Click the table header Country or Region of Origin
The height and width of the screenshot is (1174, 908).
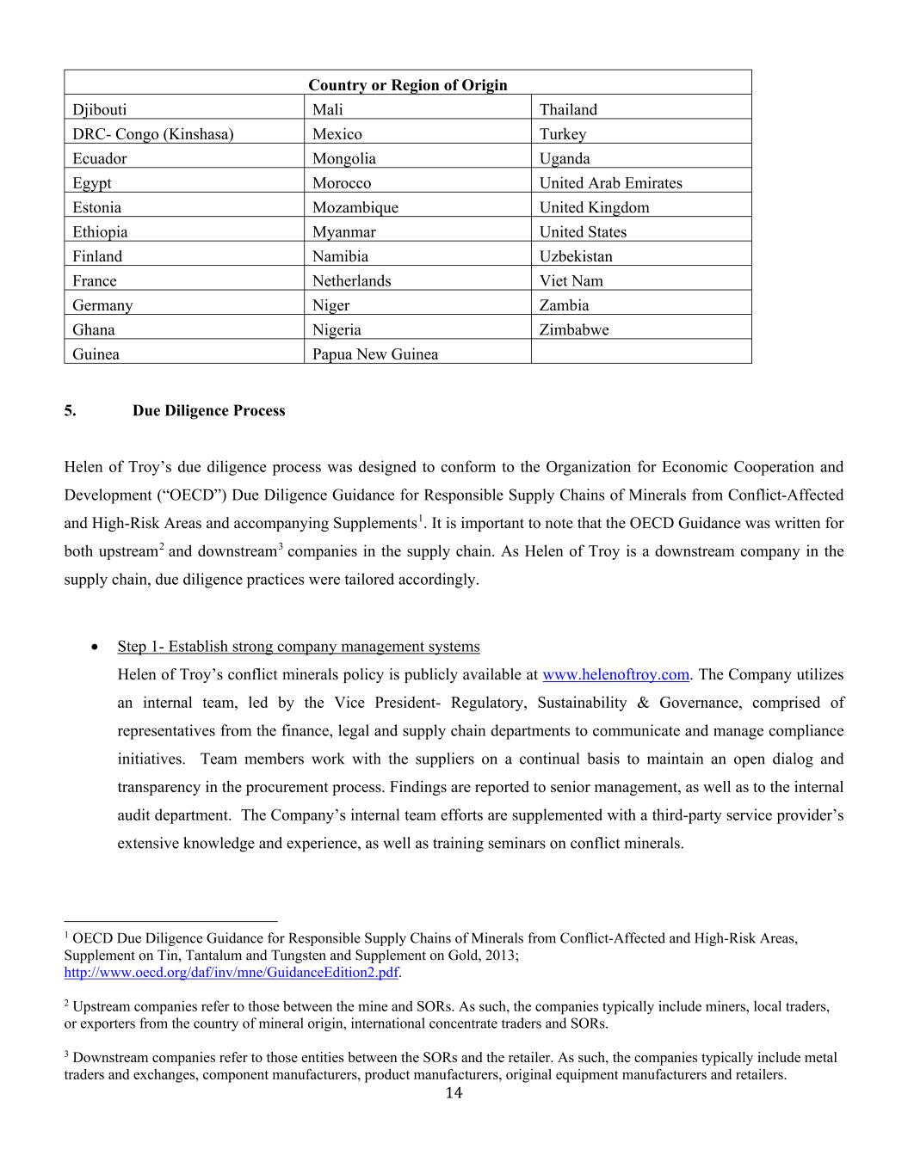407,84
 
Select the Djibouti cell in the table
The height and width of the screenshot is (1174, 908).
99,109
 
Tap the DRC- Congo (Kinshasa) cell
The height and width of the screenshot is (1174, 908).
152,133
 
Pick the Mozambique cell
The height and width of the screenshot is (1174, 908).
355,207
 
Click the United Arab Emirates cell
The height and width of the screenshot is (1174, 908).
610,182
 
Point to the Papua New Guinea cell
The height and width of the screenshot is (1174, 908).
374,353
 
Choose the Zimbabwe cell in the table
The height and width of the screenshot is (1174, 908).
573,329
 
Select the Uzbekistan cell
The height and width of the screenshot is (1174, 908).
576,255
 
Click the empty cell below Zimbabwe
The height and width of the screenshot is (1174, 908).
640,353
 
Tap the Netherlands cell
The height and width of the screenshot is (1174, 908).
351,280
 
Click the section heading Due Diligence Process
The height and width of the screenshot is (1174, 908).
208,410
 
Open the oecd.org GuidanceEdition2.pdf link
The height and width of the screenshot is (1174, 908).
232,973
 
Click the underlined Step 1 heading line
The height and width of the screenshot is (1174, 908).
299,646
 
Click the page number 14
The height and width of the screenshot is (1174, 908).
454,1093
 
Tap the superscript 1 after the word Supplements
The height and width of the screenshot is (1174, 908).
420,518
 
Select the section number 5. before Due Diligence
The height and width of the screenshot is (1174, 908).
70,410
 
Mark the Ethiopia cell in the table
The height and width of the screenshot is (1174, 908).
100,231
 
